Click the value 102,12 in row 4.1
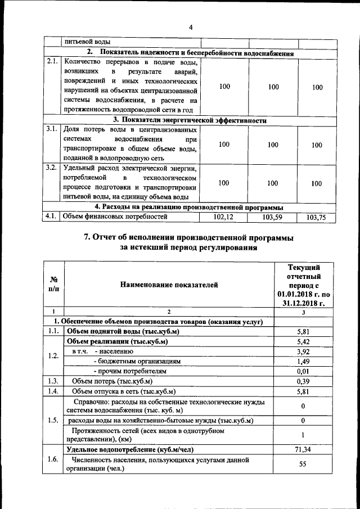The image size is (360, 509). [224, 217]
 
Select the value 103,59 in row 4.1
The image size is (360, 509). [273, 217]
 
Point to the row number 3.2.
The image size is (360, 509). [52, 168]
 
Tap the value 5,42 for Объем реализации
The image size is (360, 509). [303, 341]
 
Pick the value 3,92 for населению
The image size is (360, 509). [303, 352]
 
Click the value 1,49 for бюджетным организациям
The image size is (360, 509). [303, 362]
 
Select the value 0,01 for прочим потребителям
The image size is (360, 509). [303, 372]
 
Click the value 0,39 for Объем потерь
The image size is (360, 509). [303, 381]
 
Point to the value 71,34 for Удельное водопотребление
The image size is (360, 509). [303, 449]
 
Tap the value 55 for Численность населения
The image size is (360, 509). [303, 464]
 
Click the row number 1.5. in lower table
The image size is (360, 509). [54, 420]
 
